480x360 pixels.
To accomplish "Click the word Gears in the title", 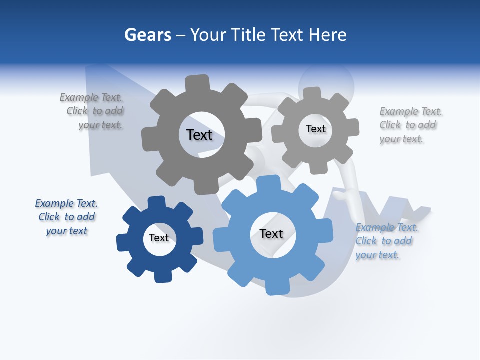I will pos(147,35).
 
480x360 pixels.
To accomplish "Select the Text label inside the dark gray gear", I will pos(199,135).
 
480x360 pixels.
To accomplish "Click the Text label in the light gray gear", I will pos(315,129).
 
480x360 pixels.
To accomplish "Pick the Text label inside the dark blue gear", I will pos(159,238).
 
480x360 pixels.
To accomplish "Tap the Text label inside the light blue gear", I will pos(271,233).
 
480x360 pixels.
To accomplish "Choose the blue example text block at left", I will pos(66,217).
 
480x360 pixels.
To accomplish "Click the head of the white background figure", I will pos(326,83).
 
